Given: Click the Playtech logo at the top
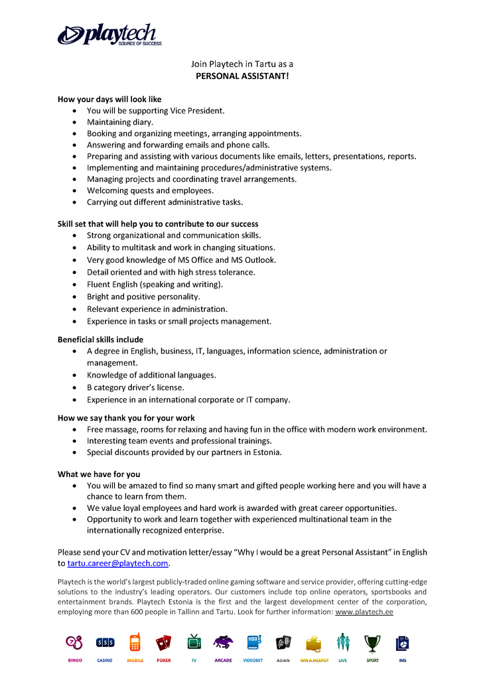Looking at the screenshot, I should (x=109, y=34).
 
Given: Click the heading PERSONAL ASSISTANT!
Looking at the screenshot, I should (x=242, y=76).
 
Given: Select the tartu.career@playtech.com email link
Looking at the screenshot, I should (x=117, y=564).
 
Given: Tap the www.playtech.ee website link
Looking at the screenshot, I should (x=364, y=612).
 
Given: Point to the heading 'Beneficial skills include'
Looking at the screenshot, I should (x=100, y=340).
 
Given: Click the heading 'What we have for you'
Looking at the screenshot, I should (x=99, y=474).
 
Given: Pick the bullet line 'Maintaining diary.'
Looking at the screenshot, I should (x=120, y=123).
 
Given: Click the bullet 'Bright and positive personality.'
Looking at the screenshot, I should (x=143, y=297).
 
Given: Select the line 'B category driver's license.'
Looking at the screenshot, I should (x=135, y=387).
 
